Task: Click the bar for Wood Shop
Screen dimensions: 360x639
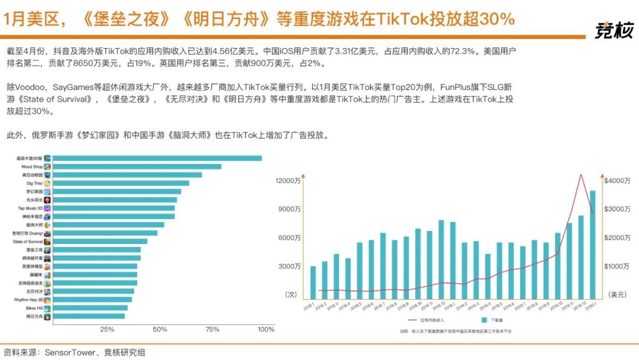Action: coord(137,167)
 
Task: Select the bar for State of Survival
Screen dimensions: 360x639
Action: coord(100,242)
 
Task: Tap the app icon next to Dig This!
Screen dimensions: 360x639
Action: coord(47,184)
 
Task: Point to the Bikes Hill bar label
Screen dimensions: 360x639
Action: coord(34,308)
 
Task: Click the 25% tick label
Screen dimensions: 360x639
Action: coord(107,329)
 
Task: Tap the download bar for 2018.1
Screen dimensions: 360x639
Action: coord(313,282)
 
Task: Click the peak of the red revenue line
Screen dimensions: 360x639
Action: coord(581,175)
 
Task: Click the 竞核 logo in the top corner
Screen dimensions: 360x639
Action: coord(614,30)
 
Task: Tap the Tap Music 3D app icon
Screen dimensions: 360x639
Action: coord(47,208)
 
